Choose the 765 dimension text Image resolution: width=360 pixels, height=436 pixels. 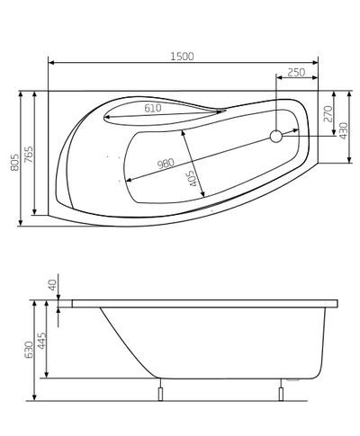point(30,155)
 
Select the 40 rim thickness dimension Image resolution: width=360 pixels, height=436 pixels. point(52,285)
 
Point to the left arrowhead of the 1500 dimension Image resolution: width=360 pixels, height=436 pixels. point(50,64)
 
